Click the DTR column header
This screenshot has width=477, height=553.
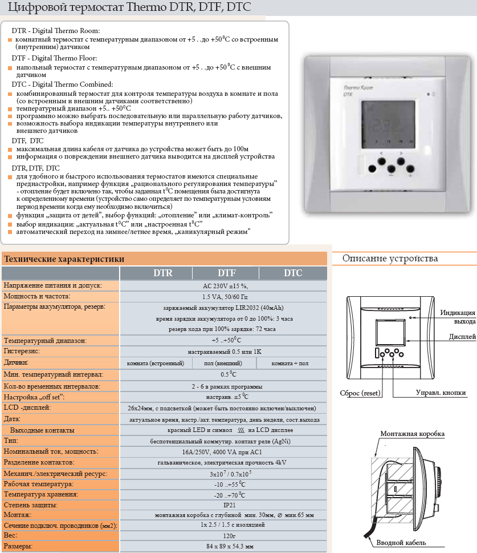point(163,273)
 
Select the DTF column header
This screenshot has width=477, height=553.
point(227,273)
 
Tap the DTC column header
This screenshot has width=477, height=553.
point(293,273)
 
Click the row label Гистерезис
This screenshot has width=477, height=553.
point(23,351)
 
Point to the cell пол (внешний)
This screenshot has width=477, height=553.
point(223,363)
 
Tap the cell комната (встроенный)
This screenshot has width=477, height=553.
point(155,363)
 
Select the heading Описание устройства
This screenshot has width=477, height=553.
point(390,259)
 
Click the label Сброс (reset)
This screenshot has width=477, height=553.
point(360,393)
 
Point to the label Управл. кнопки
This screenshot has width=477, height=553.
point(441,393)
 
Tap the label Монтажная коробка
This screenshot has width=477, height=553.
point(413,435)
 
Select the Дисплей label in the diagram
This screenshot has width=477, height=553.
point(462,337)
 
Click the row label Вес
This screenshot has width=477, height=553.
point(11,536)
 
